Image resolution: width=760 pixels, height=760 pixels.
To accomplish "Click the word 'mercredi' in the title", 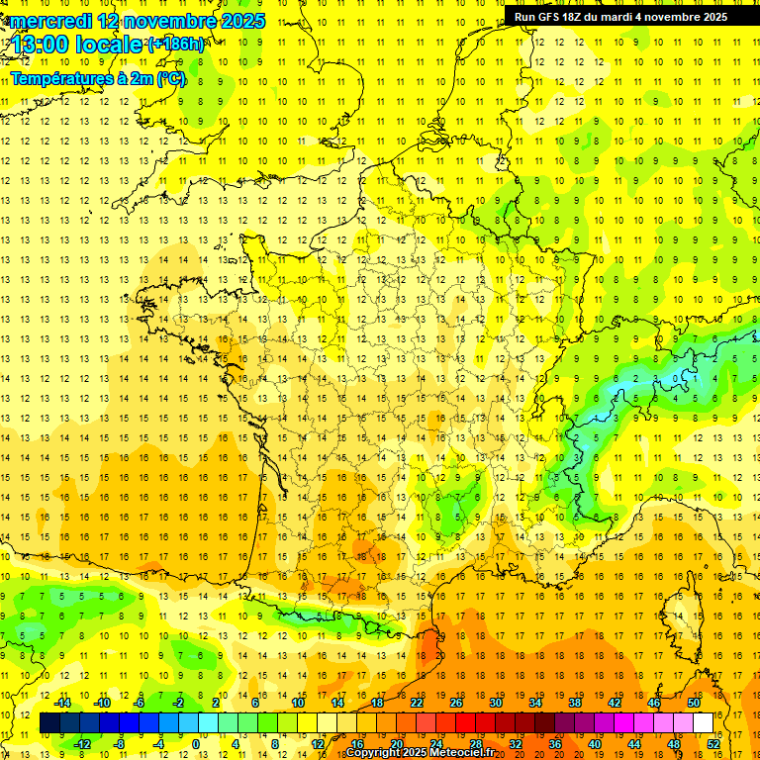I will (x=47, y=21).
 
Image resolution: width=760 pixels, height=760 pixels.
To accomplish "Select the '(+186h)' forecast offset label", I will (x=176, y=45).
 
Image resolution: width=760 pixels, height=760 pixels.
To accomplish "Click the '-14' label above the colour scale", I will (x=62, y=703).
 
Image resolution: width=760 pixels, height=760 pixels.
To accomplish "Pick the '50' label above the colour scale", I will (x=692, y=703).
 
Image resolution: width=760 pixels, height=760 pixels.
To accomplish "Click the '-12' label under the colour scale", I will (x=82, y=744).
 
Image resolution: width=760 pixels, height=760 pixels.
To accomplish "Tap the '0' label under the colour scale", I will (x=195, y=744).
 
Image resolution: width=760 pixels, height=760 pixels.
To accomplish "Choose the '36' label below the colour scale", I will (x=555, y=744).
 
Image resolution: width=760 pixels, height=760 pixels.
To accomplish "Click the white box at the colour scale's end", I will (x=704, y=723).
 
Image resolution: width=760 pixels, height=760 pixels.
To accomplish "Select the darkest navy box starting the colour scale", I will (x=49, y=723).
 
